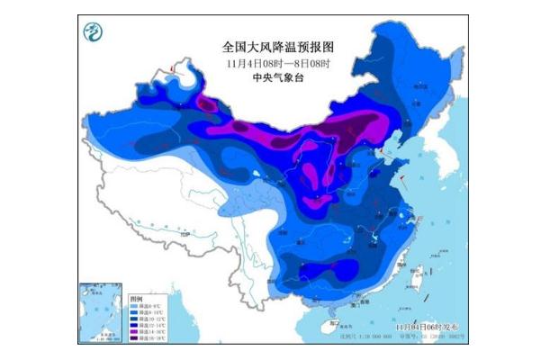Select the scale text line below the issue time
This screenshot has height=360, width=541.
(x=430, y=331)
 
